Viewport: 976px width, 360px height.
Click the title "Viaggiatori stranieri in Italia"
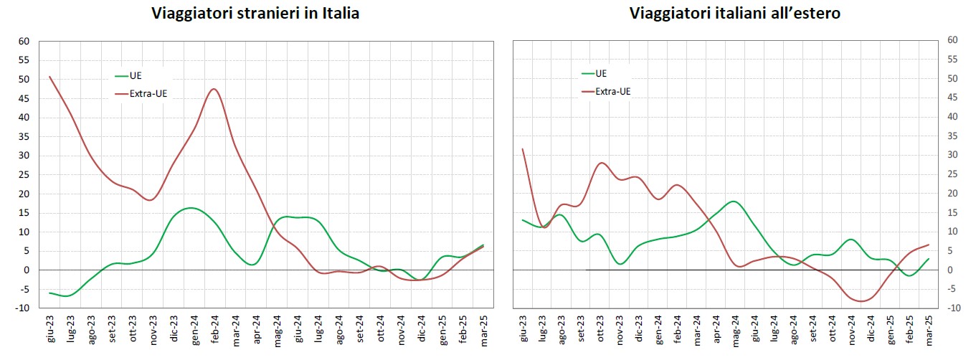(x=255, y=14)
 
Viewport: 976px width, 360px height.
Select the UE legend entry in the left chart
(x=136, y=75)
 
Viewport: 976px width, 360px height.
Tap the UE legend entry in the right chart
(x=601, y=73)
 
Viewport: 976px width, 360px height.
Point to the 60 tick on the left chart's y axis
(x=24, y=41)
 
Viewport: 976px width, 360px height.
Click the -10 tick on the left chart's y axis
(x=22, y=308)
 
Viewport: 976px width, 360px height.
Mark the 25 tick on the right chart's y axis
(x=952, y=174)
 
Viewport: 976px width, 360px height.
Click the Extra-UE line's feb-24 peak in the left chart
(x=214, y=89)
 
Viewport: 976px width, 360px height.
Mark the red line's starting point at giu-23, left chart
(x=49, y=77)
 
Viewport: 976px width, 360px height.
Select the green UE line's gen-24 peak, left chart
(x=190, y=208)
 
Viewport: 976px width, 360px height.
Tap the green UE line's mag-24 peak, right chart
(x=733, y=202)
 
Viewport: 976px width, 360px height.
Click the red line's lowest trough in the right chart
(x=860, y=301)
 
